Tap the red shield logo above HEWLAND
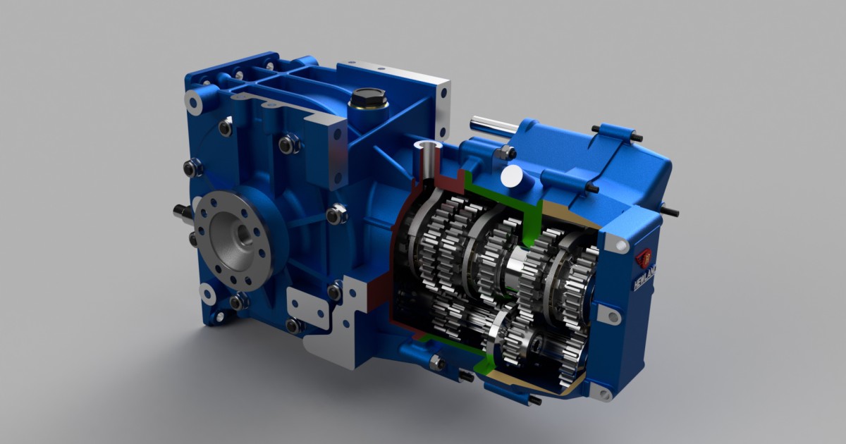[x=644, y=258]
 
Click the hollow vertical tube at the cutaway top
[x=428, y=159]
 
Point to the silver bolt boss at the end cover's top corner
[x=619, y=244]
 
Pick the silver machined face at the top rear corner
[x=442, y=106]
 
